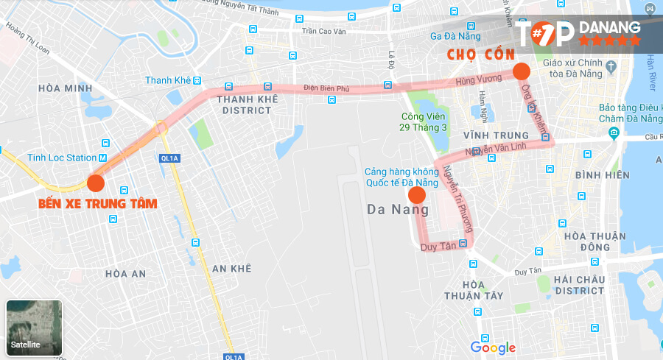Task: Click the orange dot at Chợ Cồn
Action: coord(522,71)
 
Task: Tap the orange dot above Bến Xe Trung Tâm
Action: coord(96,183)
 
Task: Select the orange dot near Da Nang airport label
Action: coord(417,195)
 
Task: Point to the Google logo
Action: coord(493,347)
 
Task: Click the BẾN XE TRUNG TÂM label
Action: coord(98,203)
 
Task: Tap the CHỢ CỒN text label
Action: coord(481,55)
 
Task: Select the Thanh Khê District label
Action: coord(245,105)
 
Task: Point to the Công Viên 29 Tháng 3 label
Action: coord(424,121)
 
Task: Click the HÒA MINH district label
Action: coord(64,88)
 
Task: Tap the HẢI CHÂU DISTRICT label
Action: coord(580,285)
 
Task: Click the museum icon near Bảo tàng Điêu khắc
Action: coord(614,133)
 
